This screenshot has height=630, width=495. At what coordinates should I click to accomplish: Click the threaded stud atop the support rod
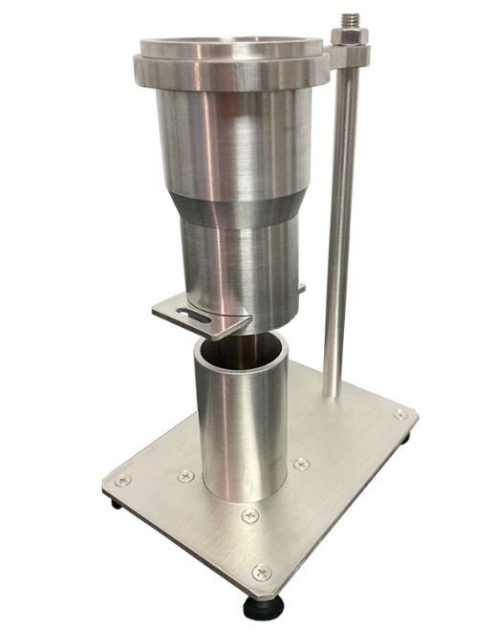pyautogui.click(x=343, y=19)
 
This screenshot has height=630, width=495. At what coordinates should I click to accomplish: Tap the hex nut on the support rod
pyautogui.click(x=343, y=38)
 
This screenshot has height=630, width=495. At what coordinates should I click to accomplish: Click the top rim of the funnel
pyautogui.click(x=229, y=46)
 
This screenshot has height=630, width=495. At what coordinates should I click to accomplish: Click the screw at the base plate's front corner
pyautogui.click(x=261, y=573)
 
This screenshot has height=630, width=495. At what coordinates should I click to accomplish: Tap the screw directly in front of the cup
pyautogui.click(x=250, y=515)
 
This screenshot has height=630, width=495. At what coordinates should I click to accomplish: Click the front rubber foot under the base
pyautogui.click(x=260, y=604)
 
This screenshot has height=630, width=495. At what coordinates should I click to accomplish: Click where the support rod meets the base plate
pyautogui.click(x=330, y=392)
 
